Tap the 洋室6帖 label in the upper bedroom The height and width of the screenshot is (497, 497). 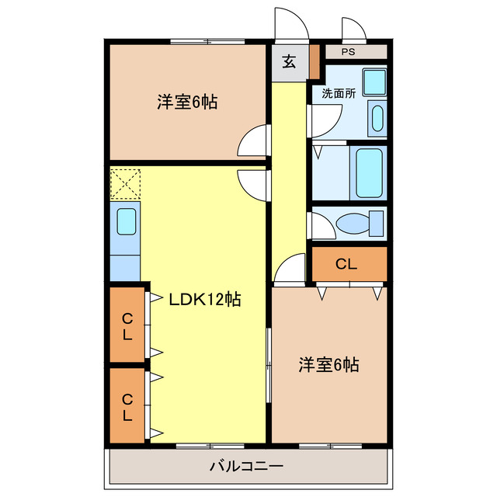click(x=186, y=101)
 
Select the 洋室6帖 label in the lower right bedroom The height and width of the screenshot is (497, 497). click(x=328, y=364)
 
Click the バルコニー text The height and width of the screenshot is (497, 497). click(x=246, y=467)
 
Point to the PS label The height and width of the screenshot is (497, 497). click(x=349, y=52)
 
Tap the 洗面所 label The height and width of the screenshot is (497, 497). click(x=339, y=92)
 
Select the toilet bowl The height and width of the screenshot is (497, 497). click(x=356, y=223)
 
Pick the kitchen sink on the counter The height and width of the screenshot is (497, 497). click(x=126, y=221)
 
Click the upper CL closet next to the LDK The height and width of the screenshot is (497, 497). click(x=127, y=325)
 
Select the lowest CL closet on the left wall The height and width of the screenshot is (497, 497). click(x=127, y=405)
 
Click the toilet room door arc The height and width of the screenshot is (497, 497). click(x=319, y=225)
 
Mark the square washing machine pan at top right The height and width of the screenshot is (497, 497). click(x=375, y=82)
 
